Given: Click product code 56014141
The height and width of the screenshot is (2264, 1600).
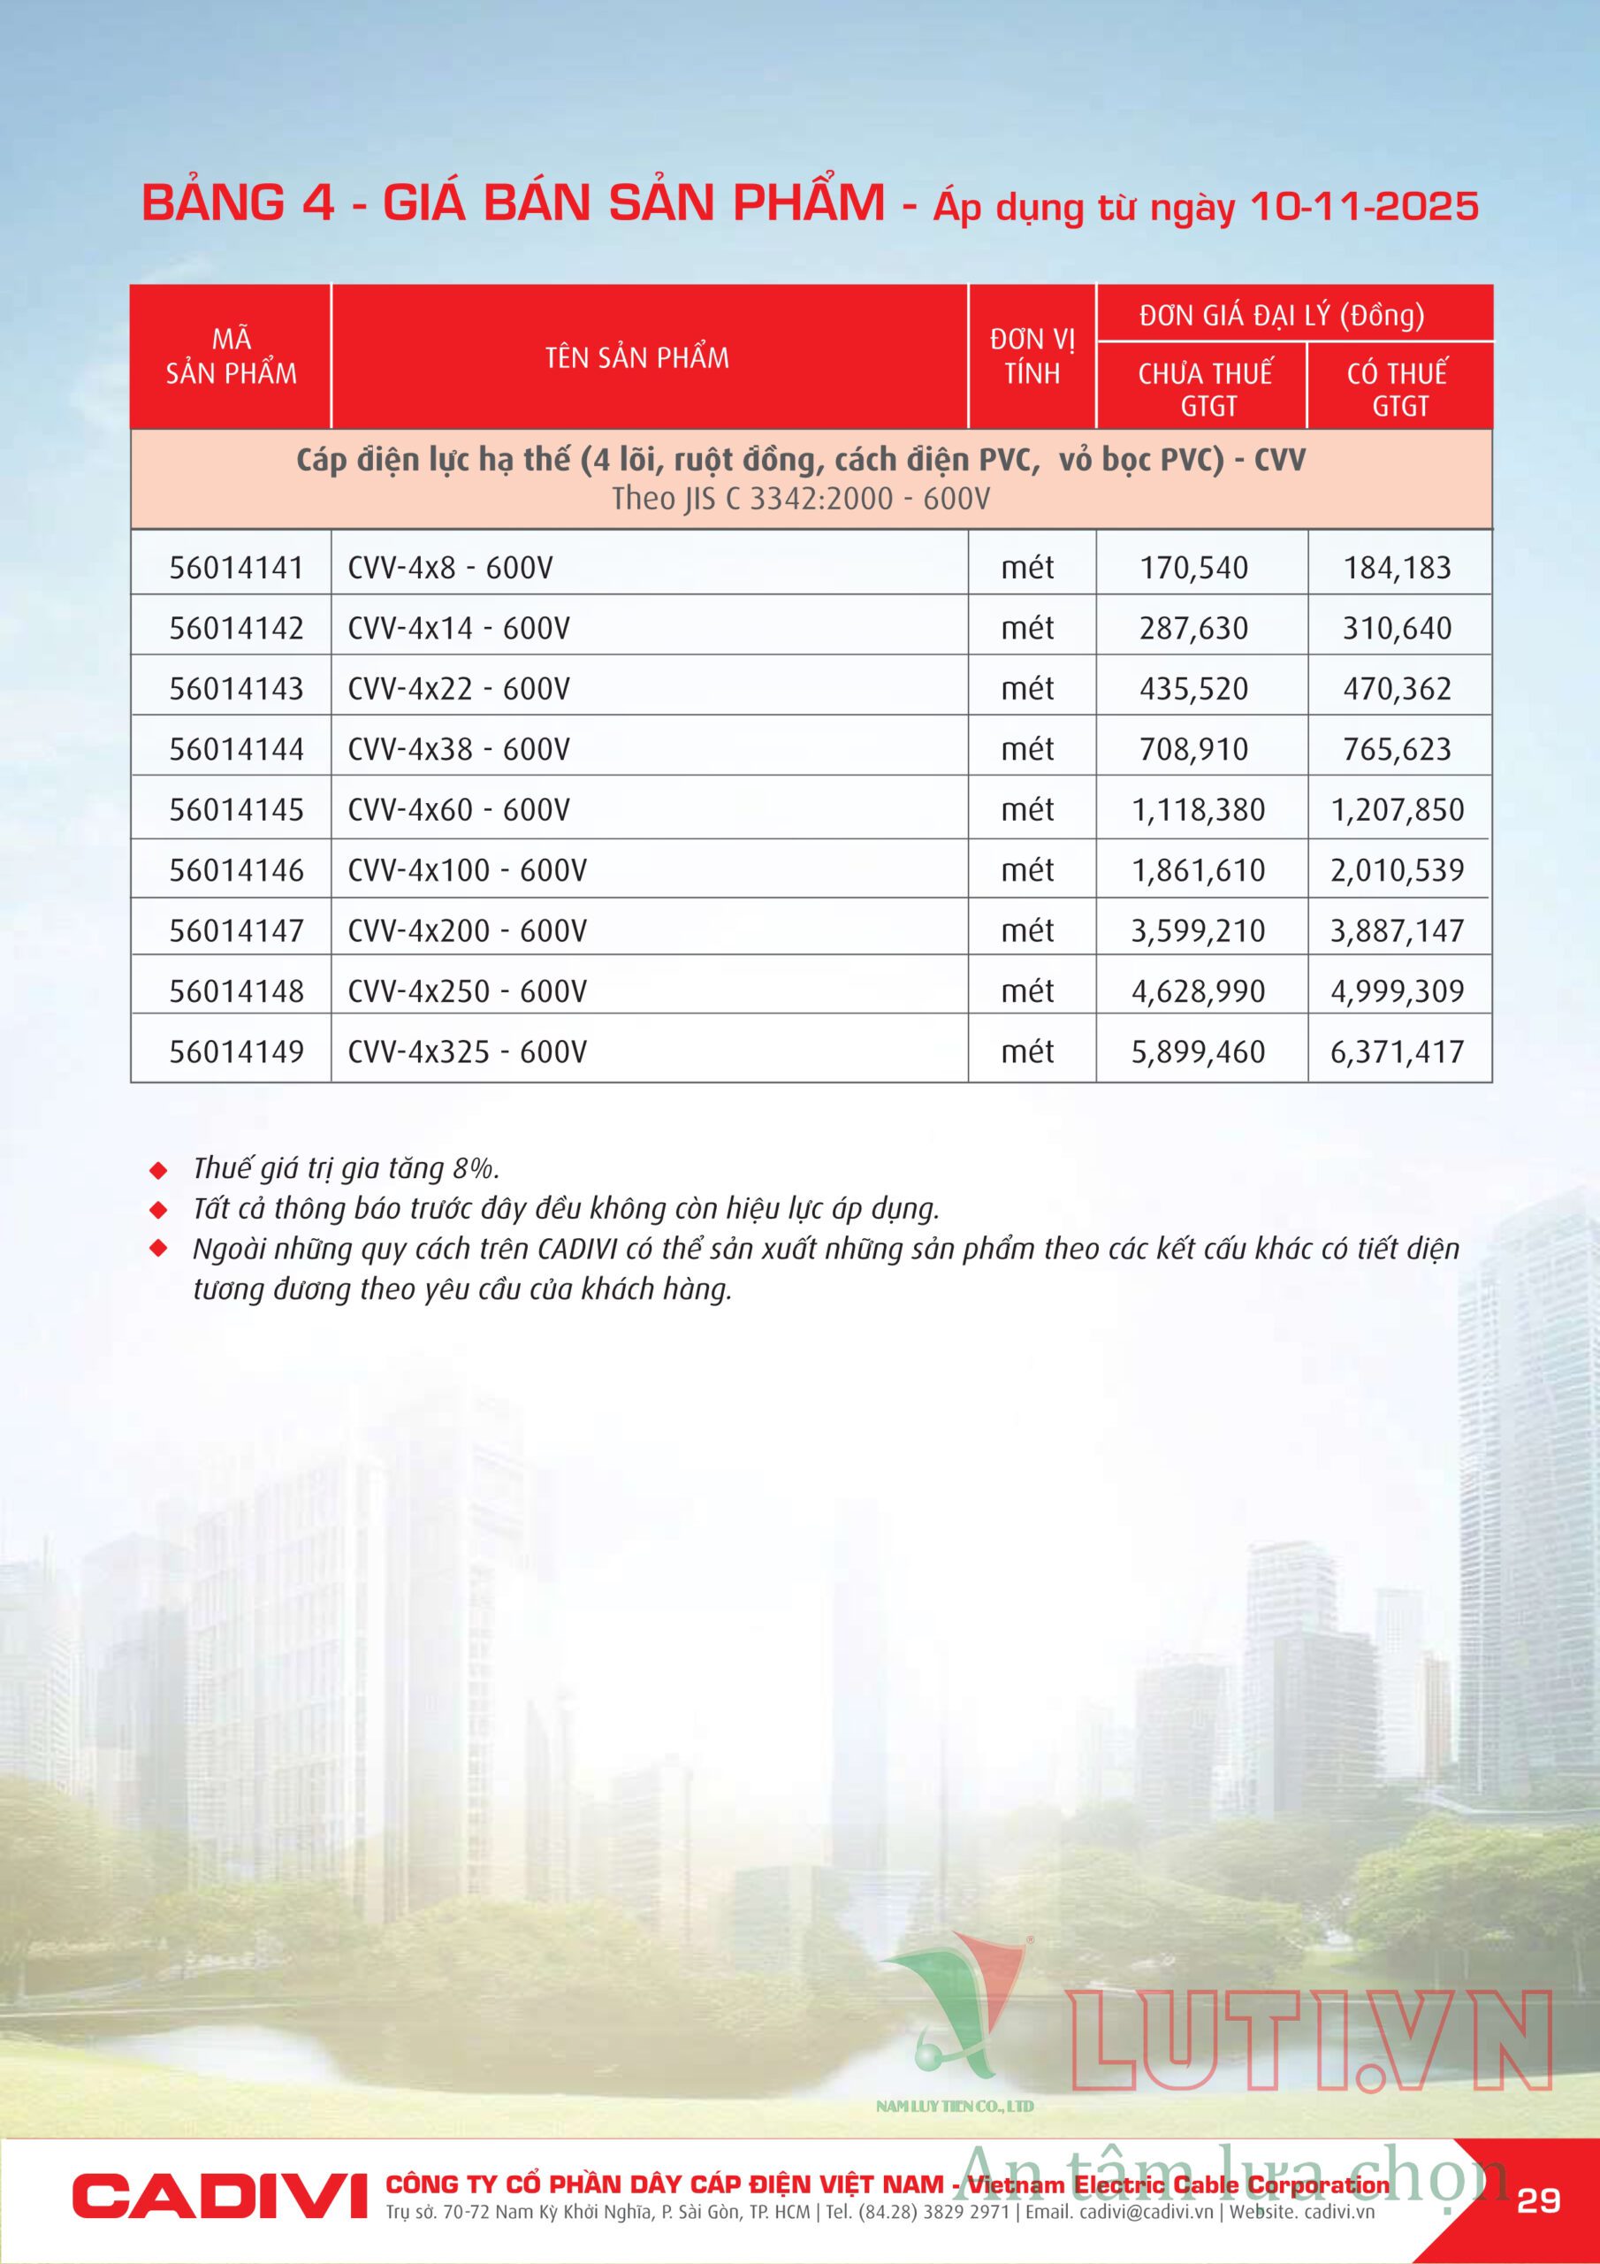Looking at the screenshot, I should pyautogui.click(x=236, y=568).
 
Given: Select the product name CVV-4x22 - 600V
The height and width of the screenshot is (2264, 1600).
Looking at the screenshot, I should pyautogui.click(x=459, y=688).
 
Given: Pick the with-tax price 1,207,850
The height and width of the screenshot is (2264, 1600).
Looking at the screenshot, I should pyautogui.click(x=1397, y=809).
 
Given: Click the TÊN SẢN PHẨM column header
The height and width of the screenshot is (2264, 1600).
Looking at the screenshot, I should pyautogui.click(x=636, y=358).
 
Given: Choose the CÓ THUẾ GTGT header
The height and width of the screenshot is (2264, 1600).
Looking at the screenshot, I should pyautogui.click(x=1398, y=388).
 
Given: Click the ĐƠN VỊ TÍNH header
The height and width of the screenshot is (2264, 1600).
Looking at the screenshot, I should pyautogui.click(x=1032, y=356).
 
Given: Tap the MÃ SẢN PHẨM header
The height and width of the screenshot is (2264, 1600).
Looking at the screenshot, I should pyautogui.click(x=231, y=356).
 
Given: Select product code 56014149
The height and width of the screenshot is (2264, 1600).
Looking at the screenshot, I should pyautogui.click(x=236, y=1052).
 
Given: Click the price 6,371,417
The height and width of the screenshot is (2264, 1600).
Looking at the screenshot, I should pyautogui.click(x=1397, y=1052).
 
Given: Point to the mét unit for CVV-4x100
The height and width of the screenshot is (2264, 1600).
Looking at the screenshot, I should pyautogui.click(x=1027, y=869).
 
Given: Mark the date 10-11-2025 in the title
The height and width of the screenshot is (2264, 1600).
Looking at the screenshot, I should pyautogui.click(x=1363, y=207).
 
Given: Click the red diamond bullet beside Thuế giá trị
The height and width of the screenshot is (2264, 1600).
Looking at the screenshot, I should pyautogui.click(x=157, y=1170).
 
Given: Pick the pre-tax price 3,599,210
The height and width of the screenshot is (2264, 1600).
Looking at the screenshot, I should pyautogui.click(x=1197, y=931).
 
